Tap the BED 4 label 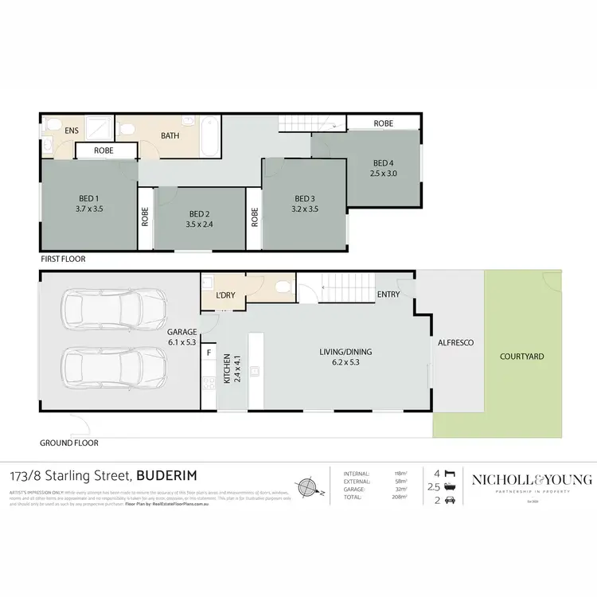coord(382,162)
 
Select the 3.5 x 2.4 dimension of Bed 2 coord(200,224)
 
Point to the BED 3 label coord(304,199)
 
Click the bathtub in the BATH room coord(209,137)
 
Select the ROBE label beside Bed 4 coord(384,123)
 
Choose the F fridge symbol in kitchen coord(209,351)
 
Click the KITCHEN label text coord(226,369)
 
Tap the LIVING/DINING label coord(345,352)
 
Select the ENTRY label coord(388,295)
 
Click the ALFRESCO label coord(455,342)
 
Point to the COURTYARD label coord(521,357)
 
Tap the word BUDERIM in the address coord(169,477)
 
